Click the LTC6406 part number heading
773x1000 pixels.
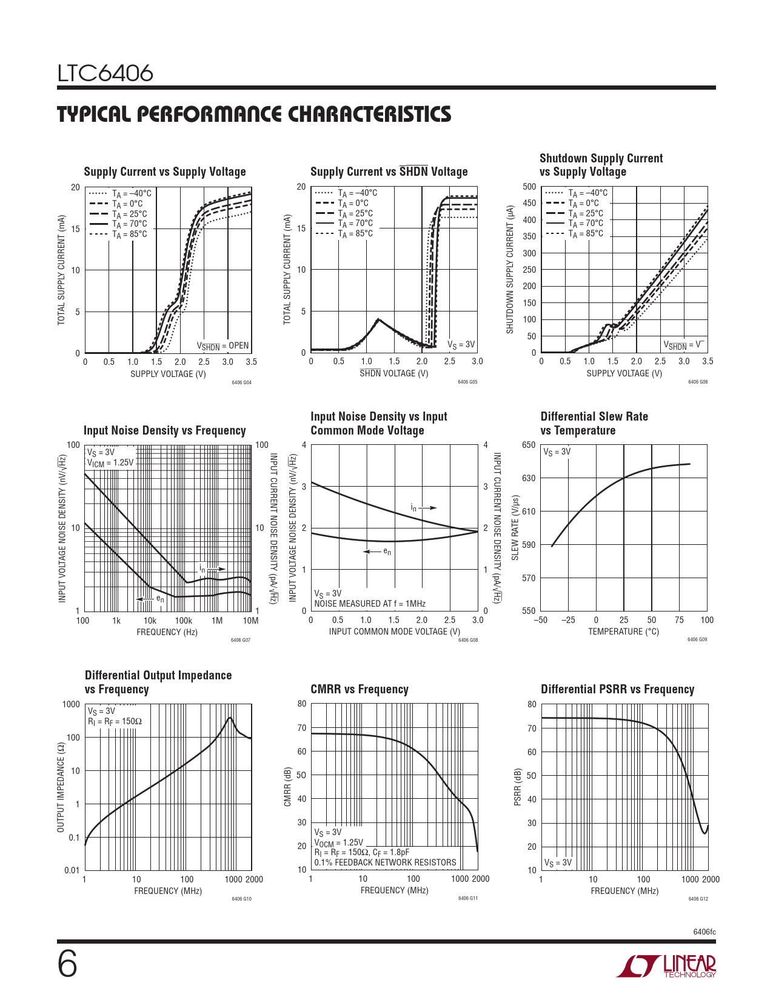[105, 74]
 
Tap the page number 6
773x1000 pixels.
[67, 964]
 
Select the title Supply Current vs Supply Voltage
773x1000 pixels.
[165, 172]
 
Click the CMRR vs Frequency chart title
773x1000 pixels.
[360, 690]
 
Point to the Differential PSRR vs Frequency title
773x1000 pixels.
[617, 690]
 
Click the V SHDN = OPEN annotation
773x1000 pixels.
[223, 346]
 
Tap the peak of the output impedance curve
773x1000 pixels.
[230, 718]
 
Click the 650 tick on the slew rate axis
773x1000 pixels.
[529, 445]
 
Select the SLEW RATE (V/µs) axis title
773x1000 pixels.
[515, 528]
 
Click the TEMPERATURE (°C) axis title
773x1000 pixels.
[623, 632]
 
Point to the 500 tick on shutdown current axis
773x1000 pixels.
[529, 187]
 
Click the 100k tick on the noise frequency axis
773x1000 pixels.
[183, 621]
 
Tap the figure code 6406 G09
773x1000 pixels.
[697, 640]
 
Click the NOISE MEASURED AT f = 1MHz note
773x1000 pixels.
[370, 604]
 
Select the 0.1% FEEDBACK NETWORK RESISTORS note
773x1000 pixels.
[385, 862]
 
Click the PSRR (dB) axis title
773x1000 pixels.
[518, 787]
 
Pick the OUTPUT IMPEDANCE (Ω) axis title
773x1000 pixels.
[61, 787]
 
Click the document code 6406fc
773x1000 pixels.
[704, 932]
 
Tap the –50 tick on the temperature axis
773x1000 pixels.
[540, 620]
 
